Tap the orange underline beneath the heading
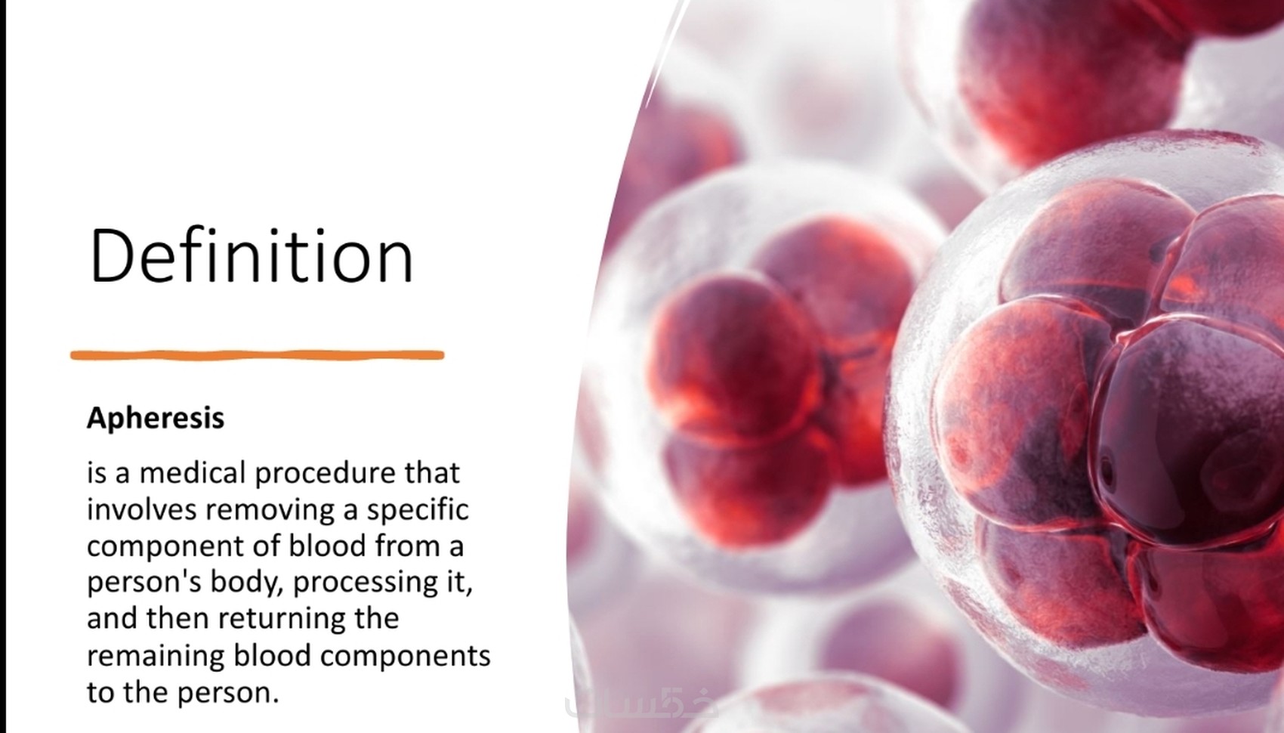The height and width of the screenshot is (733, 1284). pyautogui.click(x=258, y=355)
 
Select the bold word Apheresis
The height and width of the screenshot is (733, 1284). pyautogui.click(x=156, y=419)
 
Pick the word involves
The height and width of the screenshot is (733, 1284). pyautogui.click(x=142, y=510)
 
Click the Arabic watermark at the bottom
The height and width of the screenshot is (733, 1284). pyautogui.click(x=640, y=704)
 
